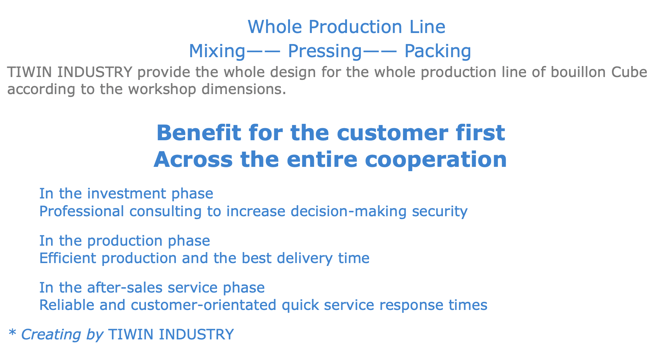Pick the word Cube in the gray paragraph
coord(629,72)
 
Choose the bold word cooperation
coord(436,160)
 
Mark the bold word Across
coord(193,160)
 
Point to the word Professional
coord(82,211)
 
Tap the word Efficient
coord(68,258)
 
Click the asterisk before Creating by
coord(12,333)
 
